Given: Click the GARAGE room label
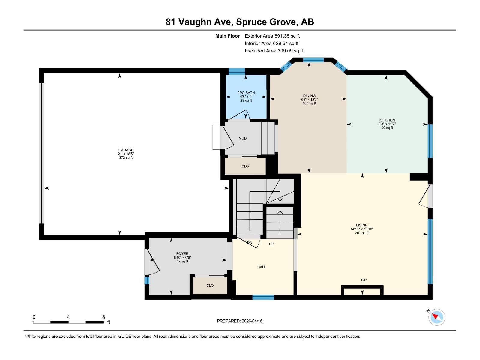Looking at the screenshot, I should point(126,150).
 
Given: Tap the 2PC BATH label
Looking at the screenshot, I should point(246,93).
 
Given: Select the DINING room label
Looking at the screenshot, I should point(309,96).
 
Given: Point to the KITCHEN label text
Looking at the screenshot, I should point(387,120).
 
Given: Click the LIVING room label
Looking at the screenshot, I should point(362,225).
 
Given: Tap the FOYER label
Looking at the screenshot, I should point(182,254).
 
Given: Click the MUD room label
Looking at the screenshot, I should point(242,138).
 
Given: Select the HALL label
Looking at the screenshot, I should point(262,267).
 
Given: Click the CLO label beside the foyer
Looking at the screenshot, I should point(210,286).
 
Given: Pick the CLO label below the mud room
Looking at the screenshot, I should point(245,166).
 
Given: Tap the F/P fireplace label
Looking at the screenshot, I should point(364,280).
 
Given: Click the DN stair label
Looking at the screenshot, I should point(250,242).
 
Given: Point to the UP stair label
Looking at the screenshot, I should point(271,244).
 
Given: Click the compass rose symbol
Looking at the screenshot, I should point(437,317).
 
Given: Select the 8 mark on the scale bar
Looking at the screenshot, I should point(103,317).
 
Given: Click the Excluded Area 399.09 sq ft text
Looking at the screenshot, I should point(274,51).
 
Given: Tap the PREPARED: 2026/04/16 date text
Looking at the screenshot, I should point(240,321).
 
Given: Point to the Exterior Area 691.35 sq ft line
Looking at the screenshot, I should point(272,36).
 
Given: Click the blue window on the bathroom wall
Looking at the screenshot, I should point(237,71).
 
